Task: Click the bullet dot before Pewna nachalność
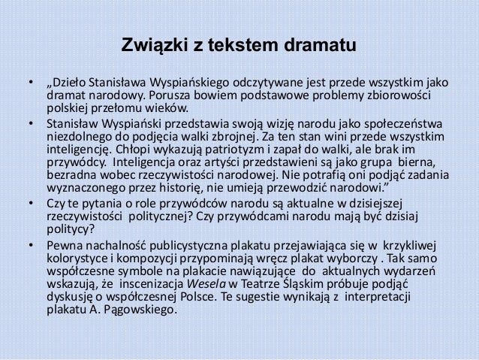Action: [x=32, y=245]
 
